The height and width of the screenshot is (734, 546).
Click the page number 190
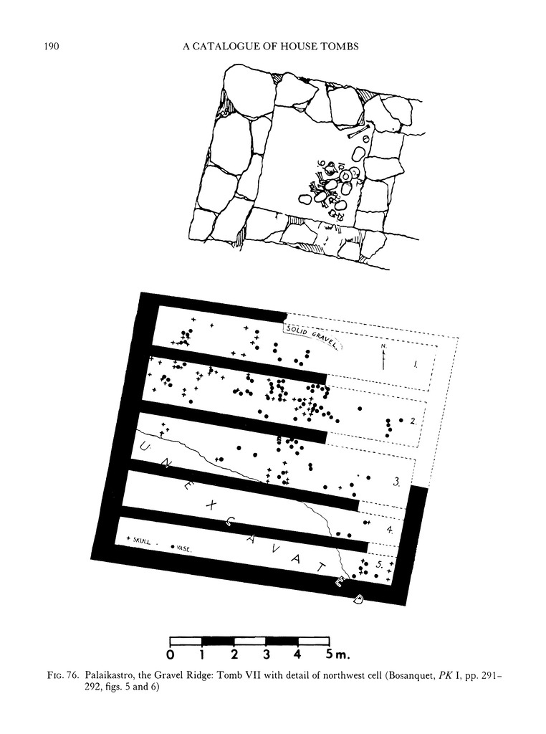51,46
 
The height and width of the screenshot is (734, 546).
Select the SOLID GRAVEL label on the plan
313,335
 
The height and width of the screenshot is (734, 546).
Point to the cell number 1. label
415,363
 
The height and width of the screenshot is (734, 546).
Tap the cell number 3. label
396,482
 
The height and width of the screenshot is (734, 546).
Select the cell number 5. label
380,565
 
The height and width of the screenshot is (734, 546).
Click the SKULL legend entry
139,540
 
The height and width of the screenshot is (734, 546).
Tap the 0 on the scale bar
171,654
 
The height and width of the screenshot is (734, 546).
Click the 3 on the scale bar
267,654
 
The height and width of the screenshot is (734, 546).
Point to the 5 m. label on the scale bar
336,654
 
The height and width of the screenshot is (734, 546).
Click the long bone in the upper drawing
359,132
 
